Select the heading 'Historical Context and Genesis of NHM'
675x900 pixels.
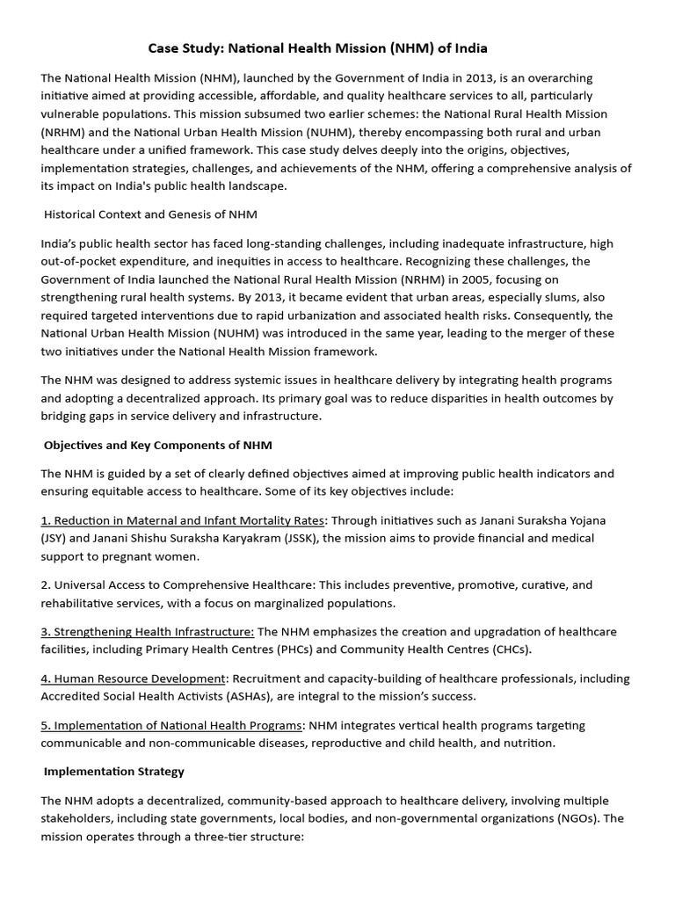pos(150,214)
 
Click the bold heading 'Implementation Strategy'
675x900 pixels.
pos(114,771)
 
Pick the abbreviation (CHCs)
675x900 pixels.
pos(507,649)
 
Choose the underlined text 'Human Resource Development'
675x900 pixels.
pos(134,679)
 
